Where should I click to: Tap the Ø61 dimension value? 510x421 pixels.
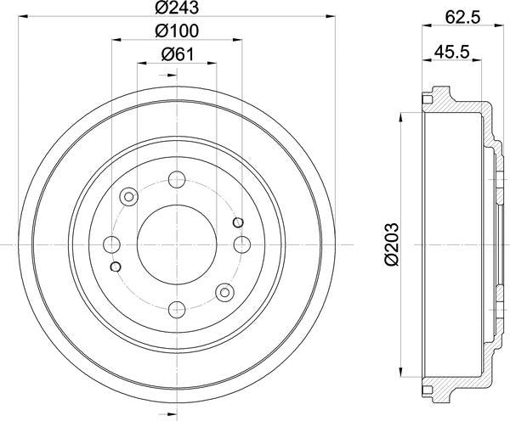177,55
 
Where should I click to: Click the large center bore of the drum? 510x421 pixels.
177,244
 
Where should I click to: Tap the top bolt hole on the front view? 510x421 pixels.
177,180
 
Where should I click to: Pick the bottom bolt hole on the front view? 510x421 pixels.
177,309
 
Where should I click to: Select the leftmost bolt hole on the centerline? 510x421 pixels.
112,245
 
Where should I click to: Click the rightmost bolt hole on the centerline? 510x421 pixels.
241,245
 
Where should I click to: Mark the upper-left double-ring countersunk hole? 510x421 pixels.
130,198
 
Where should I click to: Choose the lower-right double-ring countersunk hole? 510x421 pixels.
224,292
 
